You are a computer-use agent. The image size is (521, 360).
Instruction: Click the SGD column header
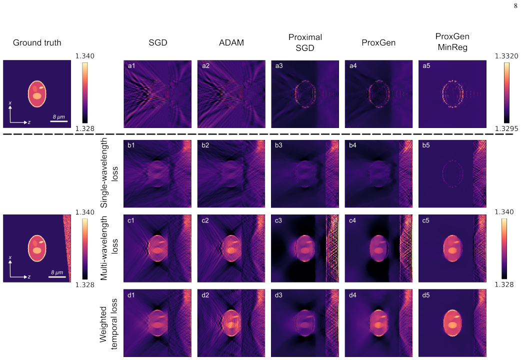pos(158,42)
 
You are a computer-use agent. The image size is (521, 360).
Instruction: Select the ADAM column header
pos(231,42)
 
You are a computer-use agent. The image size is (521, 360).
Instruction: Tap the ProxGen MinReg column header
pos(452,42)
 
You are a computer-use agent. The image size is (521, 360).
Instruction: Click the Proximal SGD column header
pos(305,42)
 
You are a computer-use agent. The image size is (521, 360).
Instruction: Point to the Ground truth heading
pos(37,42)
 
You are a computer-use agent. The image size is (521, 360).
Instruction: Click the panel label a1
pos(131,66)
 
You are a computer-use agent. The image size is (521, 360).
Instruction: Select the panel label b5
pos(426,145)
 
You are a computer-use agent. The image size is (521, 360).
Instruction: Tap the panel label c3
pos(279,220)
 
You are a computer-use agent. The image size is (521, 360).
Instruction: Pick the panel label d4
pos(352,295)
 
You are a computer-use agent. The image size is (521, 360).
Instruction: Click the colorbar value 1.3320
pos(506,56)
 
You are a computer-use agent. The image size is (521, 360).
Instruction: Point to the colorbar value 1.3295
pos(506,128)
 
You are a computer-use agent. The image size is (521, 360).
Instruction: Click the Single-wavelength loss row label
pos(109,173)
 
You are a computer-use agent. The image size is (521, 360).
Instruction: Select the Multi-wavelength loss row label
pos(109,248)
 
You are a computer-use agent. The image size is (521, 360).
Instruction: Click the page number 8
pos(515,5)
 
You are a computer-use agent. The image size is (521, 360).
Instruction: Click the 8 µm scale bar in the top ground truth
pos(59,121)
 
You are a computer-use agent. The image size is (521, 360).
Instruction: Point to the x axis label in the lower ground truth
pos(10,257)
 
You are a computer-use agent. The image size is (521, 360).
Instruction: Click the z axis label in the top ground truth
pos(29,122)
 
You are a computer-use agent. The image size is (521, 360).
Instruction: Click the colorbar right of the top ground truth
pos(85,93)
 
